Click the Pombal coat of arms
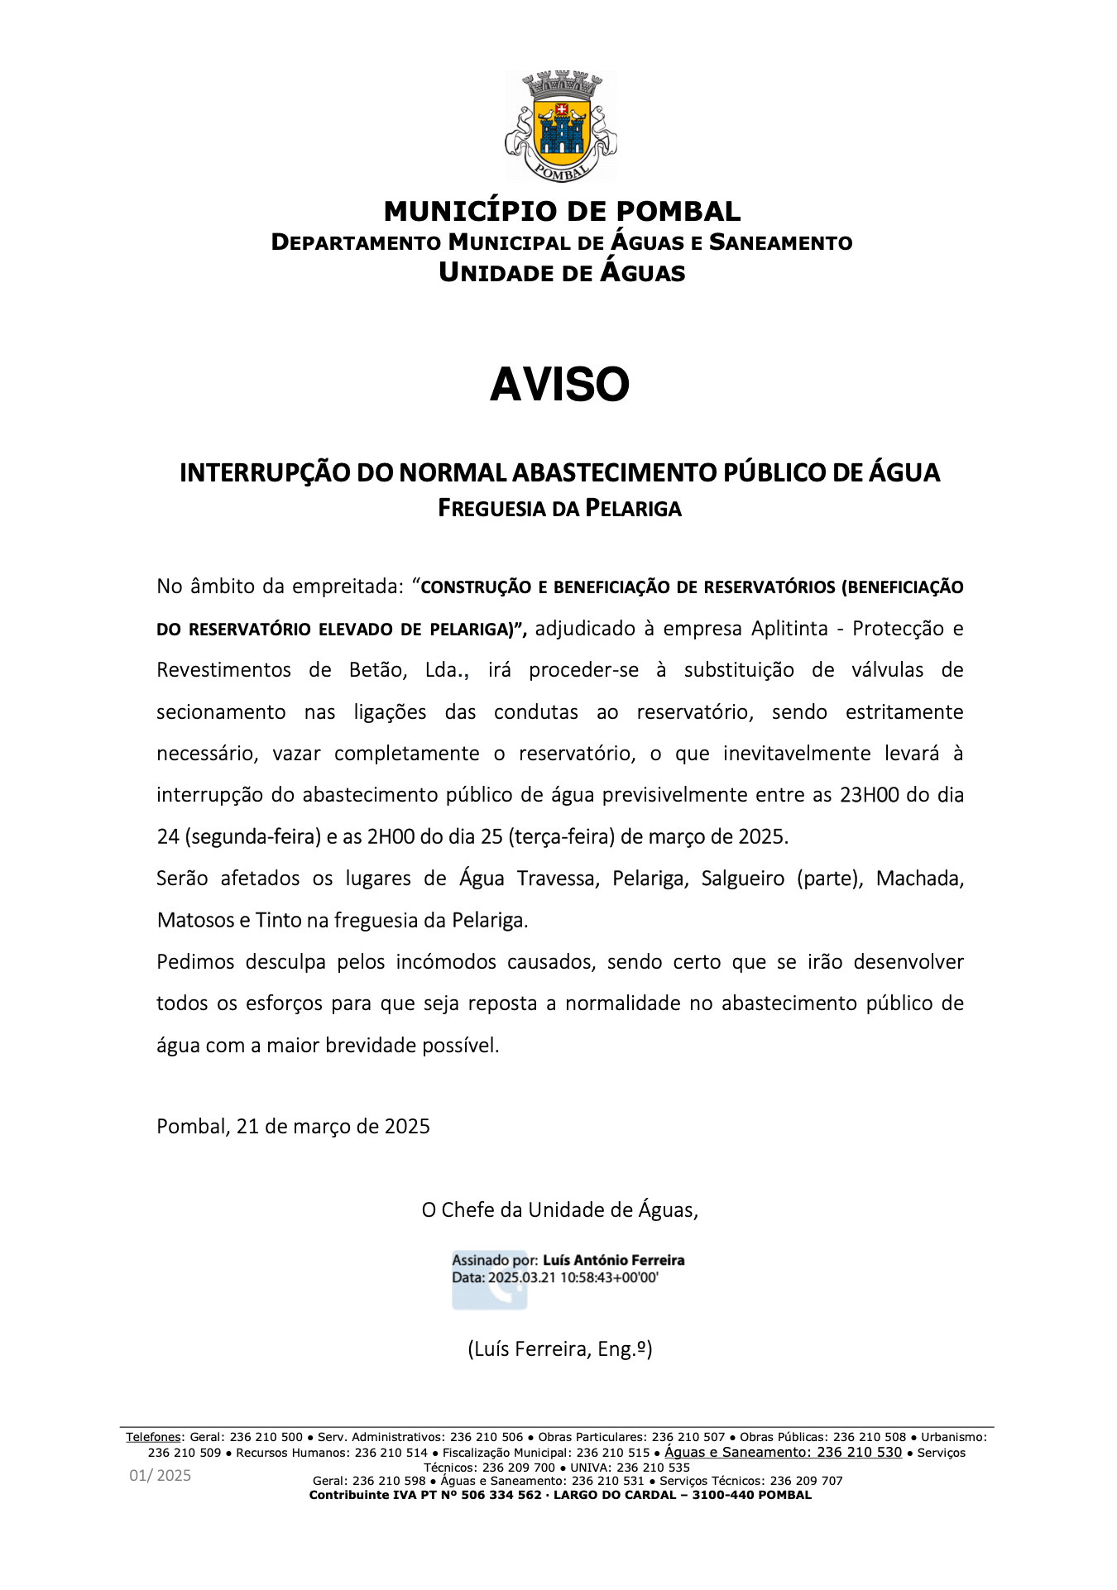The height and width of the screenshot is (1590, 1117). pos(560,126)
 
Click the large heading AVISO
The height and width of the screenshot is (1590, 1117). pos(560,386)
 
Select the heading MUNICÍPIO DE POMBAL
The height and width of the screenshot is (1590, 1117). pos(562,212)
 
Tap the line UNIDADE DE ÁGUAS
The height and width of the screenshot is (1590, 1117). pos(562,273)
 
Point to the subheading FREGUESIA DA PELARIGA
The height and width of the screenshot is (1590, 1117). pos(559,508)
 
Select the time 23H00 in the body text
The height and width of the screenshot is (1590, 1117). pos(869,795)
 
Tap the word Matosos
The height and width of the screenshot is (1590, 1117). pos(195,920)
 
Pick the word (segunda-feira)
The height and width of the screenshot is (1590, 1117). pos(252,837)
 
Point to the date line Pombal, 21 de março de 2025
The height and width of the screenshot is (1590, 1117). pos(293,1127)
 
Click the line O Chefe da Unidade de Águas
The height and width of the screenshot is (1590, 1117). pos(559,1210)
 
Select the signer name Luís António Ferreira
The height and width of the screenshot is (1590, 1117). pos(613,1261)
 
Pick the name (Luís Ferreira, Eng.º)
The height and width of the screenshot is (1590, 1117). pos(560,1349)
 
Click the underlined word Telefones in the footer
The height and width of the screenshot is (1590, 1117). pos(153,1437)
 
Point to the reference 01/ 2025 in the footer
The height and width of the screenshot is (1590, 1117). pos(160,1476)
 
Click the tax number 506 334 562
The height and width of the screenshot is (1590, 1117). pos(501,1495)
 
